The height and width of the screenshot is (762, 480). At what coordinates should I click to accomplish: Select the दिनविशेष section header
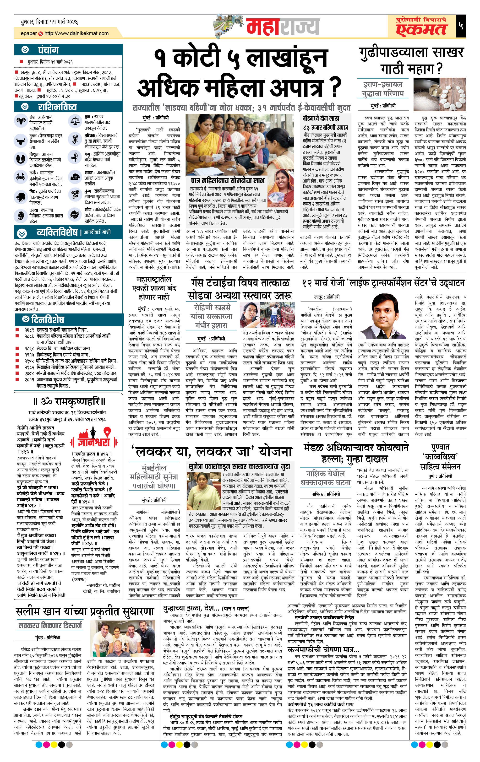pyautogui.click(x=48, y=319)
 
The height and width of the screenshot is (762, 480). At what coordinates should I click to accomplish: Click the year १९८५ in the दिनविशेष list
pyautogui.click(x=29, y=367)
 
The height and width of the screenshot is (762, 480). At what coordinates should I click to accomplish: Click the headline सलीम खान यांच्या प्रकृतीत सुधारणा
pyautogui.click(x=85, y=612)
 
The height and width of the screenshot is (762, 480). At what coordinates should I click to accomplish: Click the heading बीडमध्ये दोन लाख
pyautogui.click(x=321, y=118)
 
